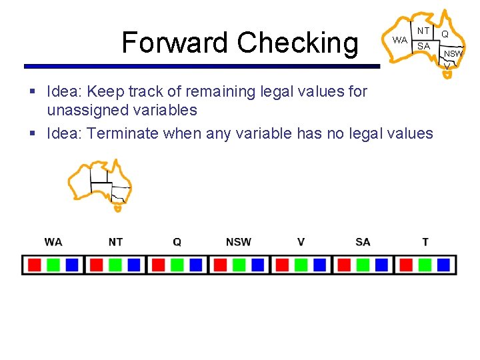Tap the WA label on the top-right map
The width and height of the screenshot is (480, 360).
(399, 40)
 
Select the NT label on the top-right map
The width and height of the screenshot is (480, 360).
(423, 31)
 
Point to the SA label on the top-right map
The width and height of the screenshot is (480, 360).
(423, 46)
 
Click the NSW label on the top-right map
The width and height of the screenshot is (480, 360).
(453, 53)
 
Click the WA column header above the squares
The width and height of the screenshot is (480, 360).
(53, 242)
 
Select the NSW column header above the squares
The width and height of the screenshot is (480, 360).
(239, 242)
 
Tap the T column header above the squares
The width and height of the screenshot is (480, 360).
(425, 242)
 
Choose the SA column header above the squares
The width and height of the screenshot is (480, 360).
(363, 242)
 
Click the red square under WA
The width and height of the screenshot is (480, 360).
(35, 265)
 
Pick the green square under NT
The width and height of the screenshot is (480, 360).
(115, 265)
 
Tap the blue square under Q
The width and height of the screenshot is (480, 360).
(195, 265)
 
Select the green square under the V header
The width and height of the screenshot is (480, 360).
(301, 265)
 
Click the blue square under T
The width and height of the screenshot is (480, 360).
(443, 265)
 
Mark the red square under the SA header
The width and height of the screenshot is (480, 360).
(344, 265)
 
